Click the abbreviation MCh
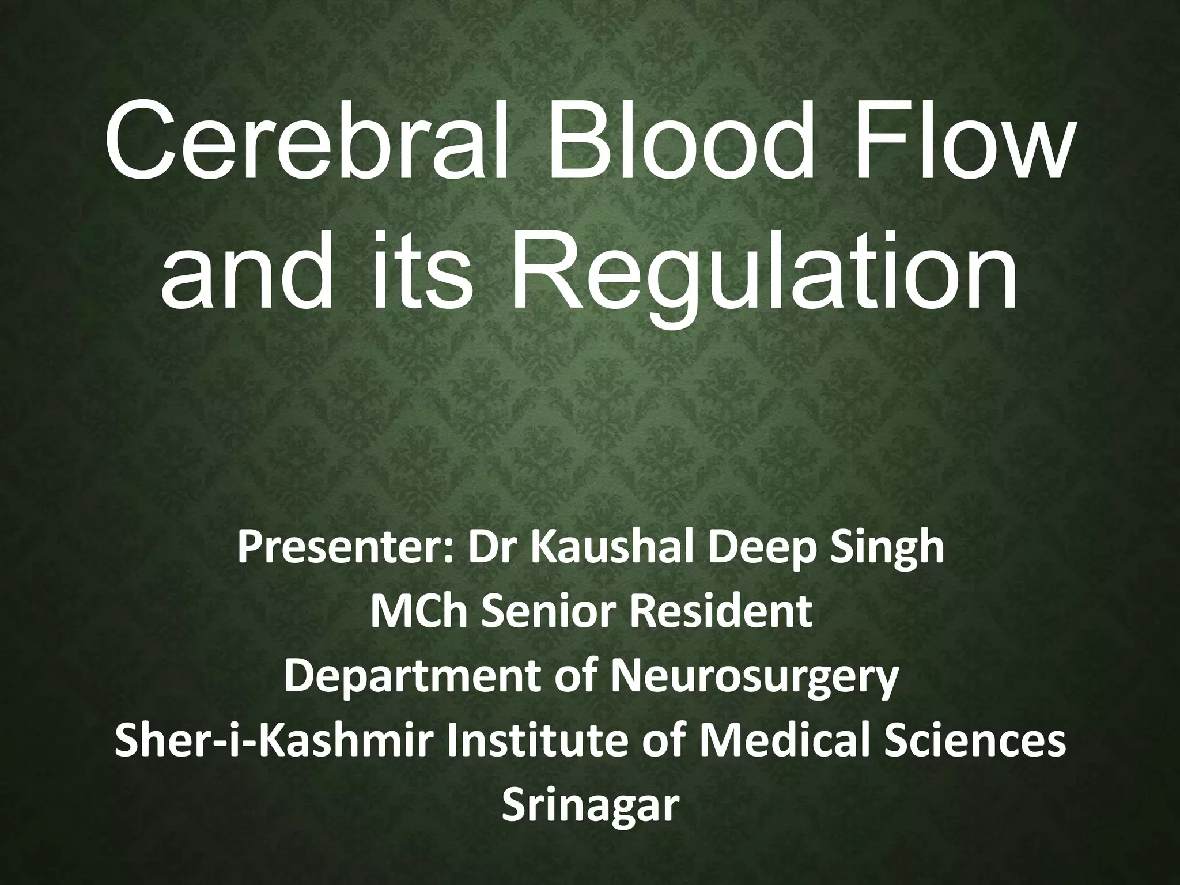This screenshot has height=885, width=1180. tap(418, 614)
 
